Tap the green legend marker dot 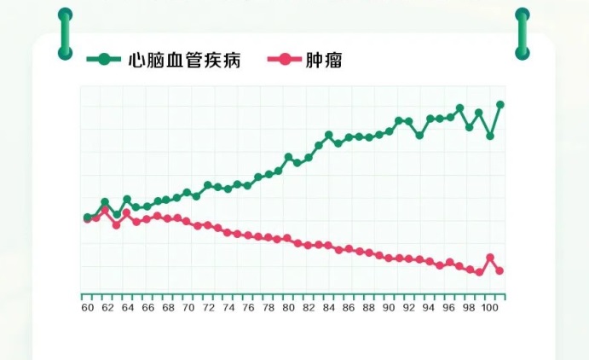click(105, 60)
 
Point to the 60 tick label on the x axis click(87, 308)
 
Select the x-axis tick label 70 click(188, 308)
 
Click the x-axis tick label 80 click(288, 308)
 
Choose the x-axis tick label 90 click(389, 308)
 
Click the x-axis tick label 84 click(328, 308)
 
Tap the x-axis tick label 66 click(147, 308)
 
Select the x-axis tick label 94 click(429, 308)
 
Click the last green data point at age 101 click(500, 105)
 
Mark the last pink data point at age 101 click(500, 271)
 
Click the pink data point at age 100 click(490, 258)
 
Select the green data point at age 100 click(490, 136)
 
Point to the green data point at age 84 click(328, 135)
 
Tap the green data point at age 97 click(459, 108)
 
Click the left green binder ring click(65, 34)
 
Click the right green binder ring click(523, 34)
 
